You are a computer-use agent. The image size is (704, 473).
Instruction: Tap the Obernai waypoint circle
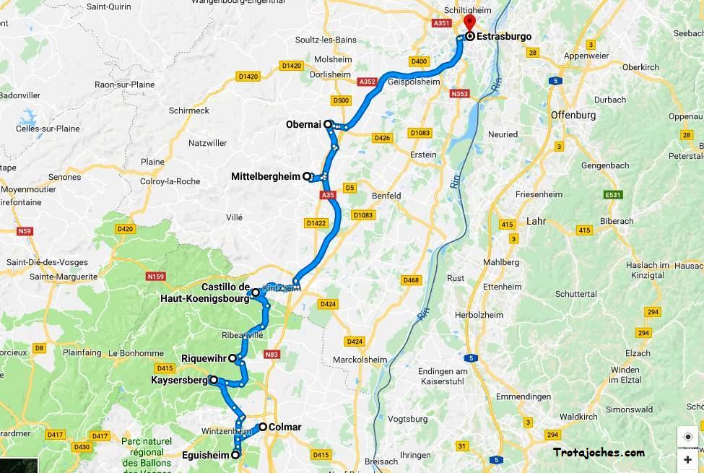point(328,124)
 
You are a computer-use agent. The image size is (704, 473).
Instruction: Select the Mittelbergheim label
point(265,176)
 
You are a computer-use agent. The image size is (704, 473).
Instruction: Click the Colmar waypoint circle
point(263,427)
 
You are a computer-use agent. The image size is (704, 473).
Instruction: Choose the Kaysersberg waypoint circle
point(214,379)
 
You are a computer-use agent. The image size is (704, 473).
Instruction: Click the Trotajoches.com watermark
point(599,453)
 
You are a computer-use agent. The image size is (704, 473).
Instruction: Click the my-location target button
point(687,437)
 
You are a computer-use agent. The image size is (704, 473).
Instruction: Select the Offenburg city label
point(573,115)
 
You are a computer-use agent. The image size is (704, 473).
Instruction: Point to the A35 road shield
point(328,195)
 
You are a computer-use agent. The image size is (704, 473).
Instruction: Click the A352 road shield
point(367,82)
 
